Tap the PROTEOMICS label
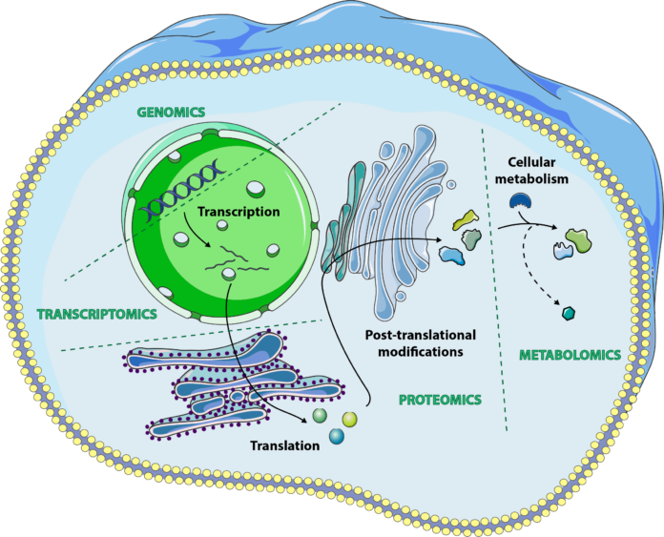439,400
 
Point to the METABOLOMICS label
570,355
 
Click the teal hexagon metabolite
569,313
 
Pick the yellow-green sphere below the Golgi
349,419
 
